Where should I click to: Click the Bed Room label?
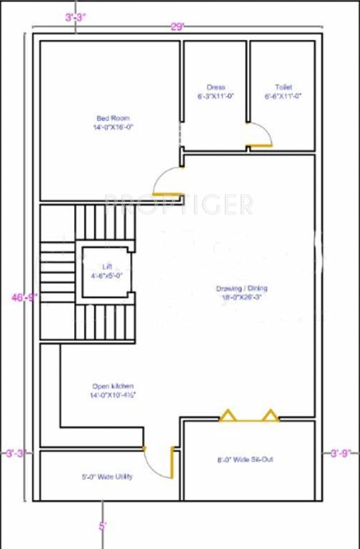(113, 118)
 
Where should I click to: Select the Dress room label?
(216, 87)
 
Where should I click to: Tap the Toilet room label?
(284, 87)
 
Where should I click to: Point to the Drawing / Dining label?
(241, 288)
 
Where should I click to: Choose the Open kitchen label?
(111, 386)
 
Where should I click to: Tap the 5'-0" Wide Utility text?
(106, 477)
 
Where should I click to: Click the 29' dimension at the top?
(177, 26)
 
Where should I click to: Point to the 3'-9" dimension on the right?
(341, 452)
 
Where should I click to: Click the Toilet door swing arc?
(262, 134)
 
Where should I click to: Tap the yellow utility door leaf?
(172, 463)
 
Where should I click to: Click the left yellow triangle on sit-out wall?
(228, 415)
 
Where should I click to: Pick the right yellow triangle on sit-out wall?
(270, 415)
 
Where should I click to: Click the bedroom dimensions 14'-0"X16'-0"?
(113, 127)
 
